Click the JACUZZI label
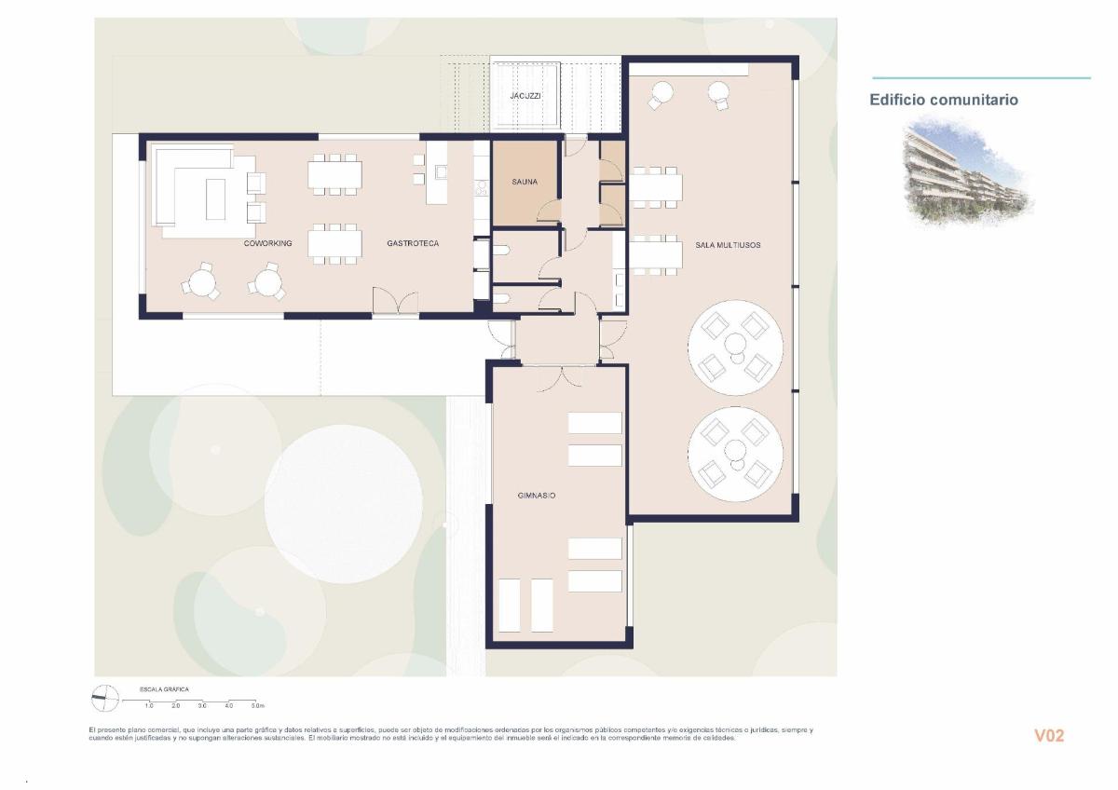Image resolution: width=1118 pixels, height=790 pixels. coord(525,96)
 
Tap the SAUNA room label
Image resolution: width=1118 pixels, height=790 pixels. coord(525,183)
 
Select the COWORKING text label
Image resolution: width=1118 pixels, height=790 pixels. coord(267,243)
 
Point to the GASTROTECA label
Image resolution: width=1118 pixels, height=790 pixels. coord(413,243)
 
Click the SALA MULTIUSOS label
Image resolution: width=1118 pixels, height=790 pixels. coord(728,245)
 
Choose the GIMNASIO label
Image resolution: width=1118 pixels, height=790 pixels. coord(537,496)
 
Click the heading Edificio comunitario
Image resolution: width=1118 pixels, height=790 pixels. coord(944,100)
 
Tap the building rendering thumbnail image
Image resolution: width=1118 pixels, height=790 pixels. coord(966,171)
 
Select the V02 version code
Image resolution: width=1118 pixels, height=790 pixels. coord(1049,736)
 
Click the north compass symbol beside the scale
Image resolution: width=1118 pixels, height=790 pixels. coord(105,697)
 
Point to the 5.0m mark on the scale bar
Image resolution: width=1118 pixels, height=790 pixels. coord(258,706)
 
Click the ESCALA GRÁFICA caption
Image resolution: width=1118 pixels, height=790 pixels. coord(164,689)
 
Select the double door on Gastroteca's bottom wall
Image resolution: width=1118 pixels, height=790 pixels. coord(396,303)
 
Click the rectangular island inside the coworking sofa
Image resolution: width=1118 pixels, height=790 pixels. coord(215,199)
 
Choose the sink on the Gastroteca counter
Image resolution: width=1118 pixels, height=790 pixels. coord(441,172)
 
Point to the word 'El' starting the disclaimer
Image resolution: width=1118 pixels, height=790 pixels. coord(92,729)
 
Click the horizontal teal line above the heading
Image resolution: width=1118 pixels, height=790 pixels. coord(981,78)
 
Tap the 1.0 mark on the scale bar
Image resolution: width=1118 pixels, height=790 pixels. coord(149,706)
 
